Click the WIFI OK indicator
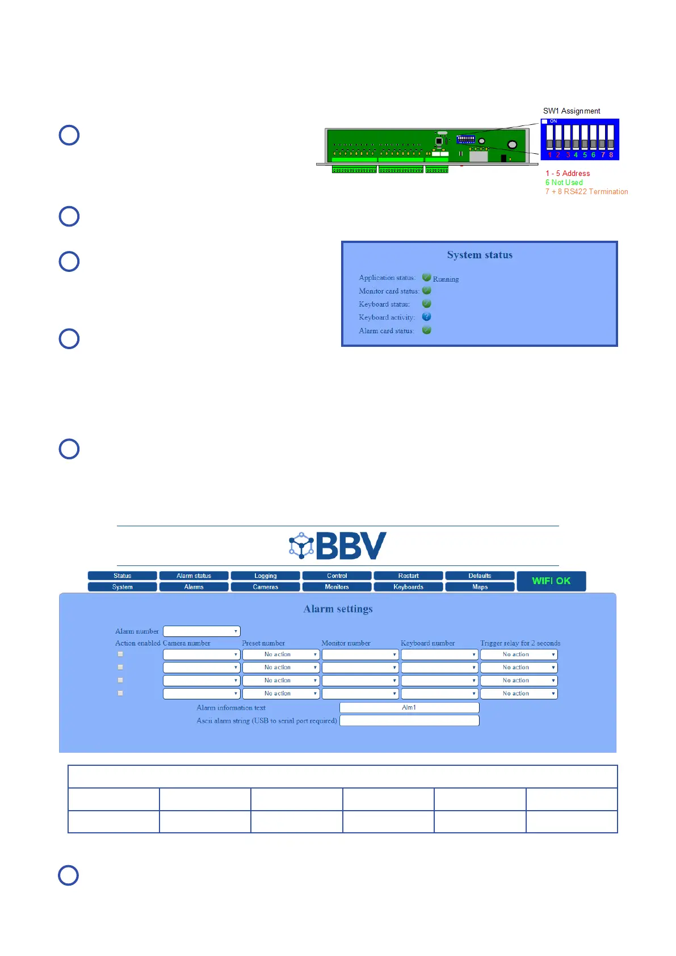coord(551,581)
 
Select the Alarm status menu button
coord(194,576)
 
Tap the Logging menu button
coord(265,576)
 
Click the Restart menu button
coord(408,576)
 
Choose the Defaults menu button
coord(480,576)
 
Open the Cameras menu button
coord(265,587)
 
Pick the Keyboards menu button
coord(408,587)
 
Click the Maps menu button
coord(480,587)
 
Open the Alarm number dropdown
coord(201,631)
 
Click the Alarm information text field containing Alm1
coord(409,707)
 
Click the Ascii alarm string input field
coord(409,720)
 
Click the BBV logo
coord(338,546)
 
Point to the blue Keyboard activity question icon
coord(427,317)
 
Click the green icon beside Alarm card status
coord(427,330)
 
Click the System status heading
coord(480,255)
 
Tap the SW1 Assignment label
coord(572,111)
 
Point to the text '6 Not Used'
coord(564,183)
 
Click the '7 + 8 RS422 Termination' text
coord(587,192)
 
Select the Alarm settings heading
coord(338,609)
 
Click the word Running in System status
coord(446,279)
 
